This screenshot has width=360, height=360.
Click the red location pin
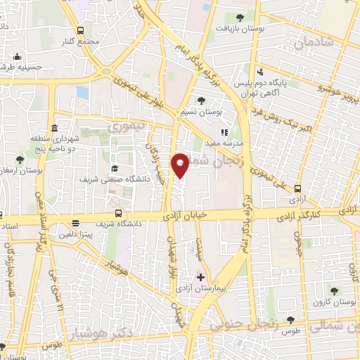pos(181,165)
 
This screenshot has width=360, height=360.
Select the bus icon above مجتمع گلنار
pos(80,31)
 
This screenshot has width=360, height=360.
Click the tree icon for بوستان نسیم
pos(202,101)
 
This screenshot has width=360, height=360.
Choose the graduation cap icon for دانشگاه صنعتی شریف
pos(114,168)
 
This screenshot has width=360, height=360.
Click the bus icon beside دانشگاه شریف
pos(118,214)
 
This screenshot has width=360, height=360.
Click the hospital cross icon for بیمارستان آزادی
pos(200,278)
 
